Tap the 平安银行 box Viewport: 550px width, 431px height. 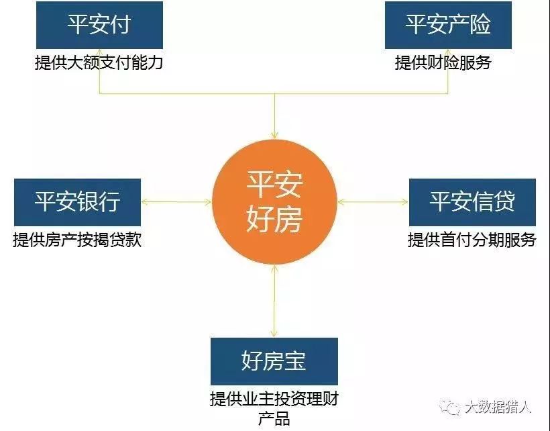pyautogui.click(x=77, y=201)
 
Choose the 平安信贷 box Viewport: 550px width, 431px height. pyautogui.click(x=472, y=201)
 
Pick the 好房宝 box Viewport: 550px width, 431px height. pyautogui.click(x=274, y=361)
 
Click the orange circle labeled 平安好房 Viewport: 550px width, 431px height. pyautogui.click(x=274, y=202)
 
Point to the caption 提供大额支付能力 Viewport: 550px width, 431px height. pyautogui.click(x=99, y=63)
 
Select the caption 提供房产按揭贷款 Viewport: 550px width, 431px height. pyautogui.click(x=77, y=240)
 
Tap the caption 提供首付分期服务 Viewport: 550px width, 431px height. pyautogui.click(x=472, y=240)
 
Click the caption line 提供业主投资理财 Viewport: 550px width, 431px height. pyautogui.click(x=274, y=399)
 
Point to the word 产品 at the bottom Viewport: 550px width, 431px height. pyautogui.click(x=274, y=419)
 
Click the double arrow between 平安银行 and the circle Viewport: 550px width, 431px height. pyautogui.click(x=176, y=201)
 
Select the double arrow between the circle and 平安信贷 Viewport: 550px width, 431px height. pyautogui.click(x=373, y=201)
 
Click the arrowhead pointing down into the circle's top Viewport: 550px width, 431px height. pyautogui.click(x=274, y=135)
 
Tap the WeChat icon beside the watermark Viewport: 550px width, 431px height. pyautogui.click(x=448, y=407)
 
